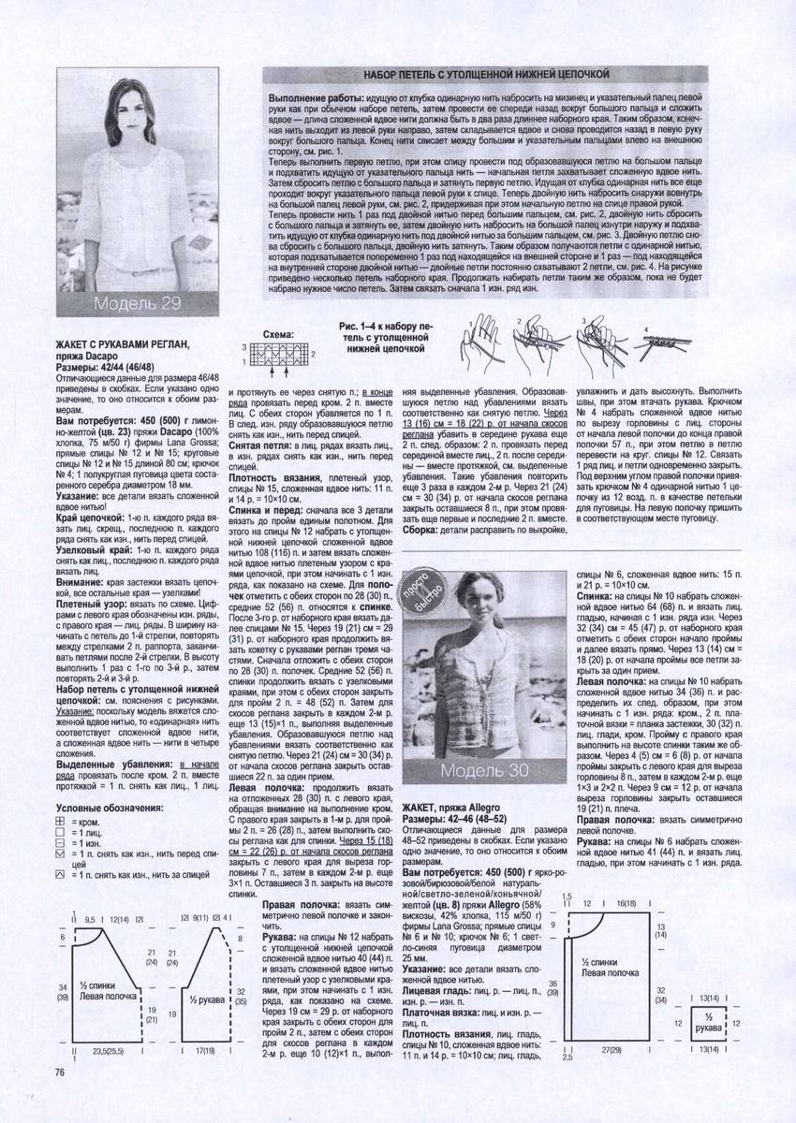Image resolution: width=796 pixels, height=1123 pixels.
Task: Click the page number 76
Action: (x=59, y=1072)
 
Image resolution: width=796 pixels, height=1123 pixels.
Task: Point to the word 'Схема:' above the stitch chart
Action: (x=277, y=333)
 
